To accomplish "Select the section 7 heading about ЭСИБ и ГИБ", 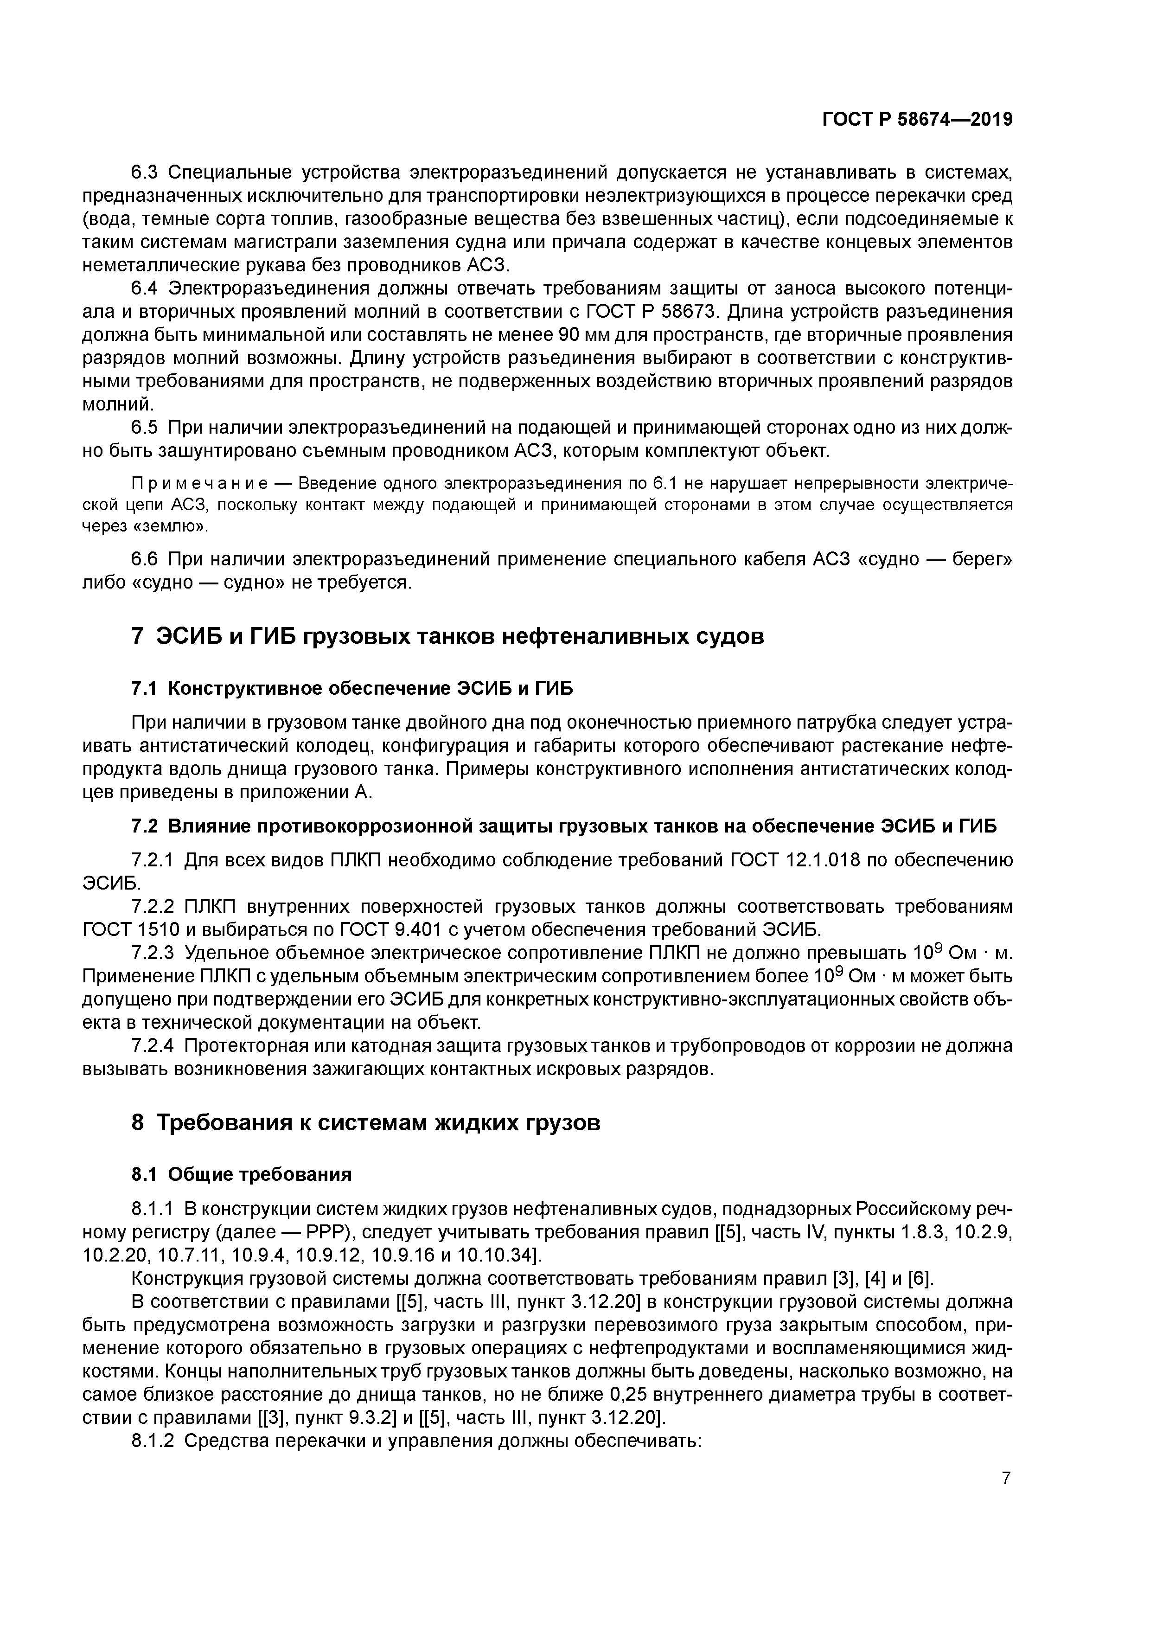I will (448, 636).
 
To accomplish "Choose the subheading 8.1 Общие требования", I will (242, 1174).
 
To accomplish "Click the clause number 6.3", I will (146, 173).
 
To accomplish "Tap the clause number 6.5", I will (146, 428).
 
